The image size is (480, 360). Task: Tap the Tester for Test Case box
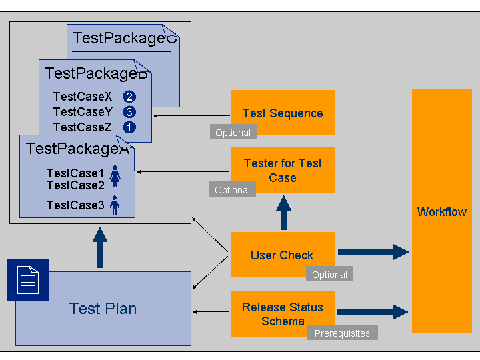(283, 170)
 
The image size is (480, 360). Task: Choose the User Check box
(282, 254)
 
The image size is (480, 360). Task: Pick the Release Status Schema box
(283, 314)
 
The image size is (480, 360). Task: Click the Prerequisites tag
(342, 333)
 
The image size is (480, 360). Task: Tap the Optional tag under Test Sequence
(233, 133)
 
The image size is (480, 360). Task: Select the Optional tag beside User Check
(329, 275)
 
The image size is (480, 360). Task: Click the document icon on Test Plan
(28, 280)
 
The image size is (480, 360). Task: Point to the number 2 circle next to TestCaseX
(129, 97)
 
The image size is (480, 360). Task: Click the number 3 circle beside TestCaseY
(129, 112)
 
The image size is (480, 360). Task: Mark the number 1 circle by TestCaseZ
(129, 127)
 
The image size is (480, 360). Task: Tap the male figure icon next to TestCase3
(115, 205)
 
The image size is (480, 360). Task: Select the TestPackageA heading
(77, 149)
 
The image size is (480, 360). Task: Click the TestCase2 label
(75, 185)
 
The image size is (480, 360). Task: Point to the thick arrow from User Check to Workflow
(373, 252)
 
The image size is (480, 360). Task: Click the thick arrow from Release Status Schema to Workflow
(373, 311)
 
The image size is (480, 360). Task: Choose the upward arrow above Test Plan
(100, 247)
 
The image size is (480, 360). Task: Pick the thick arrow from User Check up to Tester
(284, 213)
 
